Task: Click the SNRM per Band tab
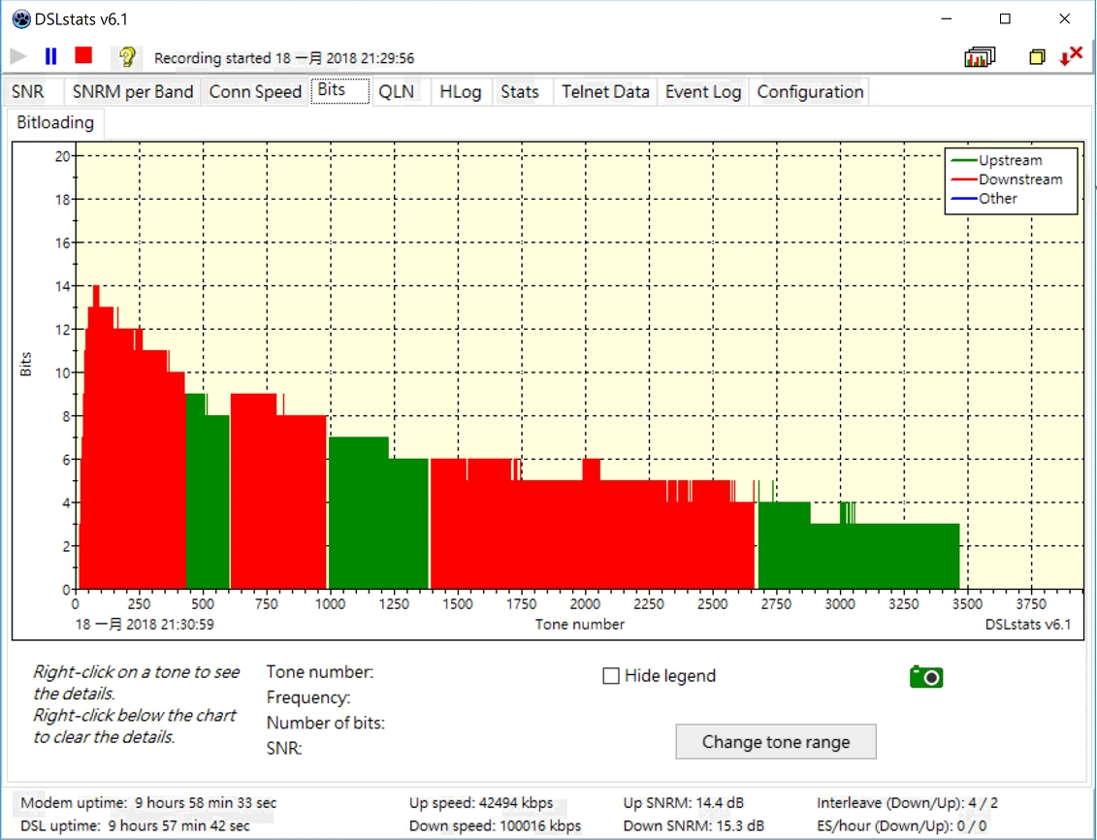(133, 92)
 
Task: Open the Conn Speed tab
(255, 92)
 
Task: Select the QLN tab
(396, 92)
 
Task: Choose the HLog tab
(460, 92)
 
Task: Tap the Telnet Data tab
(605, 92)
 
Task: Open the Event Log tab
(703, 92)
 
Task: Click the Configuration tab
(810, 92)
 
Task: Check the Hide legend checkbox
(611, 676)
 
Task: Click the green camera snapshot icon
(926, 677)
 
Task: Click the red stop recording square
(83, 56)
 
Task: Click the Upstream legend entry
(1010, 161)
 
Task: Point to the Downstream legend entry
(1019, 179)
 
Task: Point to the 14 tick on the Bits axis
(64, 286)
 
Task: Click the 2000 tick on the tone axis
(585, 604)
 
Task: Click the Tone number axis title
(579, 625)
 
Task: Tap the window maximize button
(1006, 19)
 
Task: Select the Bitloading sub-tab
(55, 122)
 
